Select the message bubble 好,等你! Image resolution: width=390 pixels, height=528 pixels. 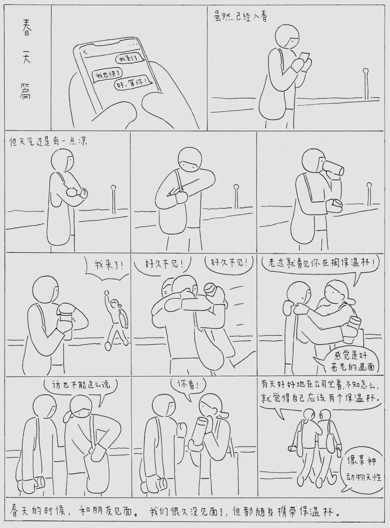133,83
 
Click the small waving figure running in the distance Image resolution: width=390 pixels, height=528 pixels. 116,319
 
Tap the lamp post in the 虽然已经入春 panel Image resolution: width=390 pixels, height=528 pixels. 366,84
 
